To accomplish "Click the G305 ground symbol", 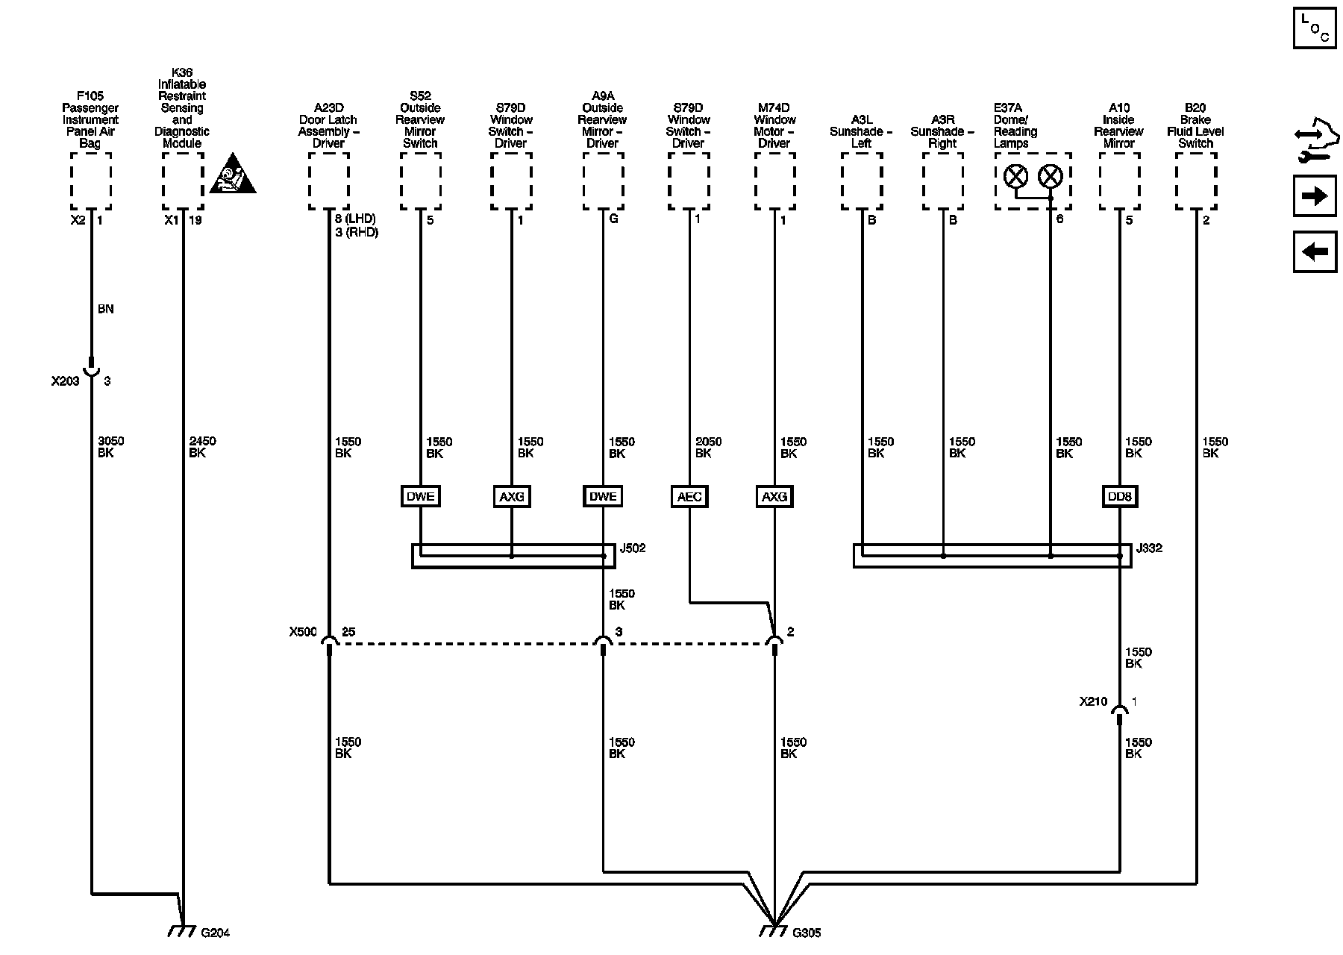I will point(774,931).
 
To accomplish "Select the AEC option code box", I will point(689,496).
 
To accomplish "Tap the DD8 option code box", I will point(1119,496).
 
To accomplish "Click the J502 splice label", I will point(633,548).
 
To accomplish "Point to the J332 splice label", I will point(1149,548).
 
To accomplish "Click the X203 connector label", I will point(65,381).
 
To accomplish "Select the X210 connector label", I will point(1093,701).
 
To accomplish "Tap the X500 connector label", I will point(303,632).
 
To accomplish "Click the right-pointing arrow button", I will point(1314,196).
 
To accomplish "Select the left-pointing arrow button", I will point(1314,251).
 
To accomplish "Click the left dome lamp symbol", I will point(1015,177).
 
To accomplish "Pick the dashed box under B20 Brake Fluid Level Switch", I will point(1196,181).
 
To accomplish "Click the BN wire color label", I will point(105,309).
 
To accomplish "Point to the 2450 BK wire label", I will point(202,447).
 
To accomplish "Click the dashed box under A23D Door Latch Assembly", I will point(328,181).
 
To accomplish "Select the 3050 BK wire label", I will point(110,447).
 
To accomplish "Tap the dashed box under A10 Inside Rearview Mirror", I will point(1119,181).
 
